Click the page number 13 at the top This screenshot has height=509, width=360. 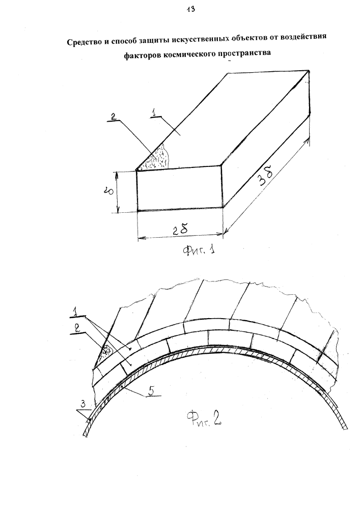coord(190,9)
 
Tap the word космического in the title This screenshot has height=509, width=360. coord(185,54)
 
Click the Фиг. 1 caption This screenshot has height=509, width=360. coord(199,250)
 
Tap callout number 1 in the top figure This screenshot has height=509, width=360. coord(154,112)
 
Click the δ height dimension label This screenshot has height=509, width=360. coord(110,191)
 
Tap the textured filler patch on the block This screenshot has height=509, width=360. coord(156,158)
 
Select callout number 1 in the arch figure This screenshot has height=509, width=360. coord(74,313)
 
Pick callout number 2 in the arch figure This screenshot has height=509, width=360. coord(77,328)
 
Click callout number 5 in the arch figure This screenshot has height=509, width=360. coord(151,391)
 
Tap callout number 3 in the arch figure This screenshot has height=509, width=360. coord(83,405)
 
